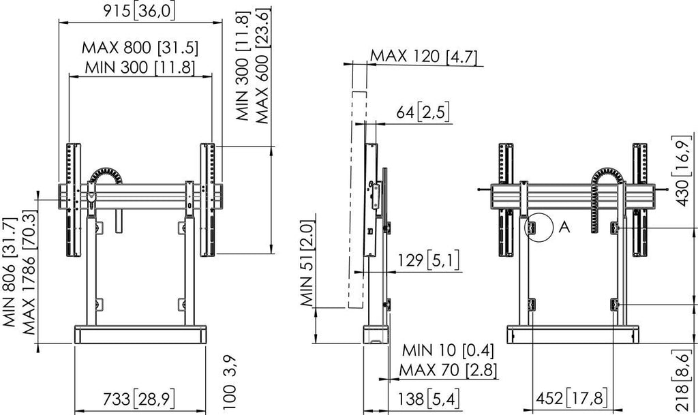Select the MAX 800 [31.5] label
pyautogui.click(x=140, y=48)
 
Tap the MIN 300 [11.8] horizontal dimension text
pyautogui.click(x=140, y=67)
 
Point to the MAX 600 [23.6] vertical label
pyautogui.click(x=262, y=66)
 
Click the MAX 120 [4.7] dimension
pyautogui.click(x=423, y=57)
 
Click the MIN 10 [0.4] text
pyautogui.click(x=448, y=350)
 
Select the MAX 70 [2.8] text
pyautogui.click(x=448, y=370)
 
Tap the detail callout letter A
pyautogui.click(x=564, y=228)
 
